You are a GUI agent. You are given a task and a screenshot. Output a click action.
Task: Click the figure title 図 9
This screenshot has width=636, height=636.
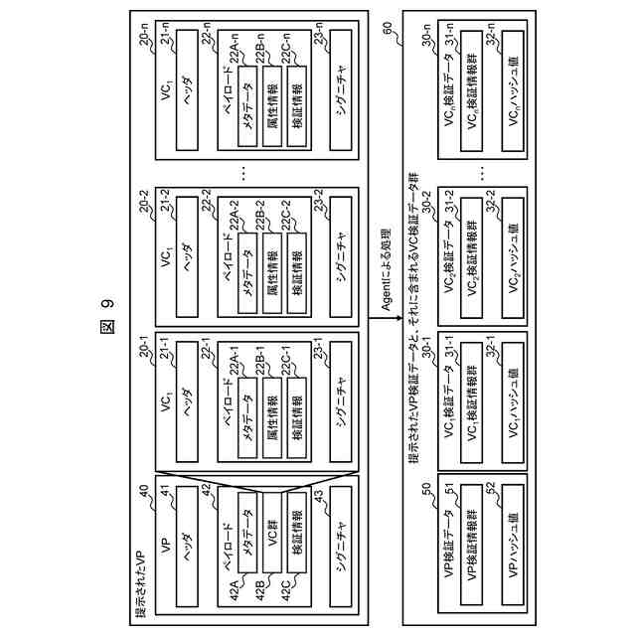click(x=106, y=317)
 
